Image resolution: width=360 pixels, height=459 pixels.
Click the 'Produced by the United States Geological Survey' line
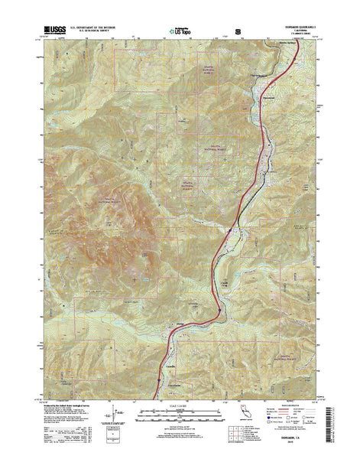76,405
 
